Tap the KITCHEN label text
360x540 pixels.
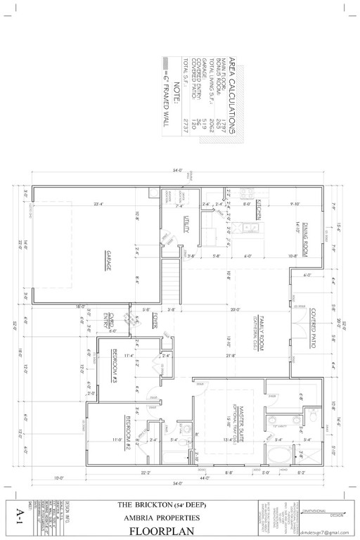(x=259, y=210)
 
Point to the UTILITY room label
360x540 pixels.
(x=186, y=224)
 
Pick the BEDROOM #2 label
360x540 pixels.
(x=128, y=425)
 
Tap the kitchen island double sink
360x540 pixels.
(x=247, y=228)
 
